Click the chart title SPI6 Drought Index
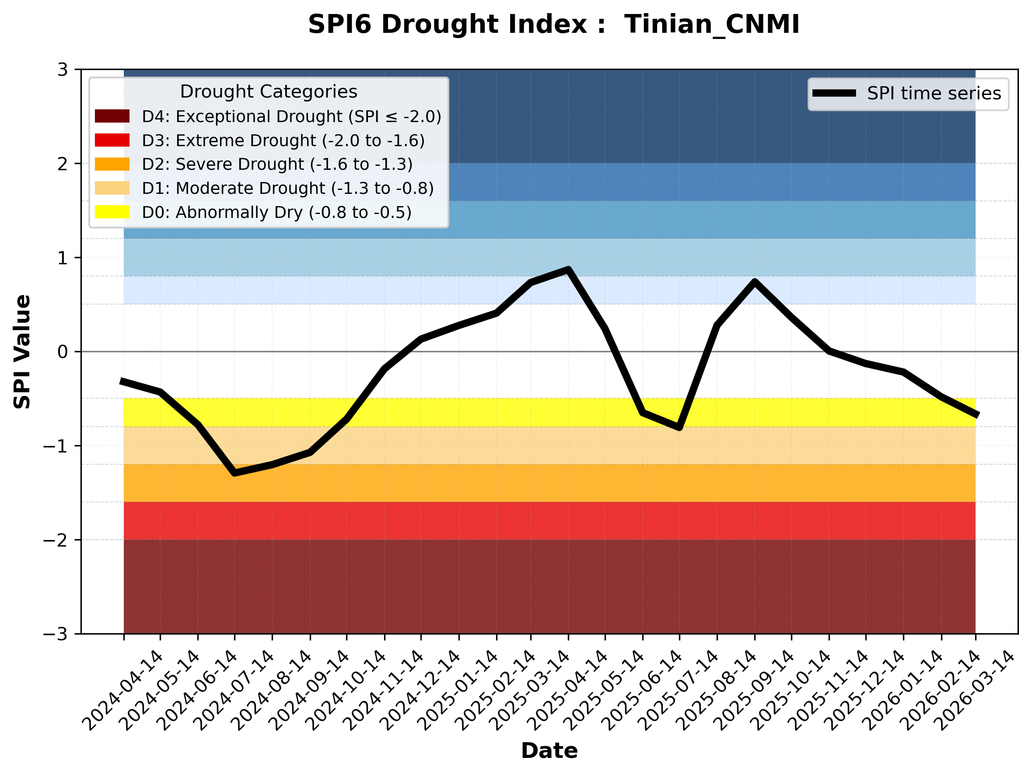click(x=553, y=24)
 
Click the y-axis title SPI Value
click(x=22, y=351)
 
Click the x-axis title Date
click(x=549, y=751)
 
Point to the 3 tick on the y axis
click(x=63, y=70)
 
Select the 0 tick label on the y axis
click(x=63, y=352)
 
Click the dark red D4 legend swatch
click(x=112, y=116)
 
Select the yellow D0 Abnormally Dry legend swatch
click(x=112, y=212)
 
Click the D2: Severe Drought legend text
click(x=277, y=164)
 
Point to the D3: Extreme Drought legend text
click(x=283, y=140)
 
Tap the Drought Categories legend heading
click(x=268, y=91)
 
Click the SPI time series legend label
click(x=934, y=93)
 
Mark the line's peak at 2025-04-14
click(x=568, y=270)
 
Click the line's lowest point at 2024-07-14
click(x=234, y=473)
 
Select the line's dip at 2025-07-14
click(x=679, y=427)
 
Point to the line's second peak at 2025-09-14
click(x=754, y=282)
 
